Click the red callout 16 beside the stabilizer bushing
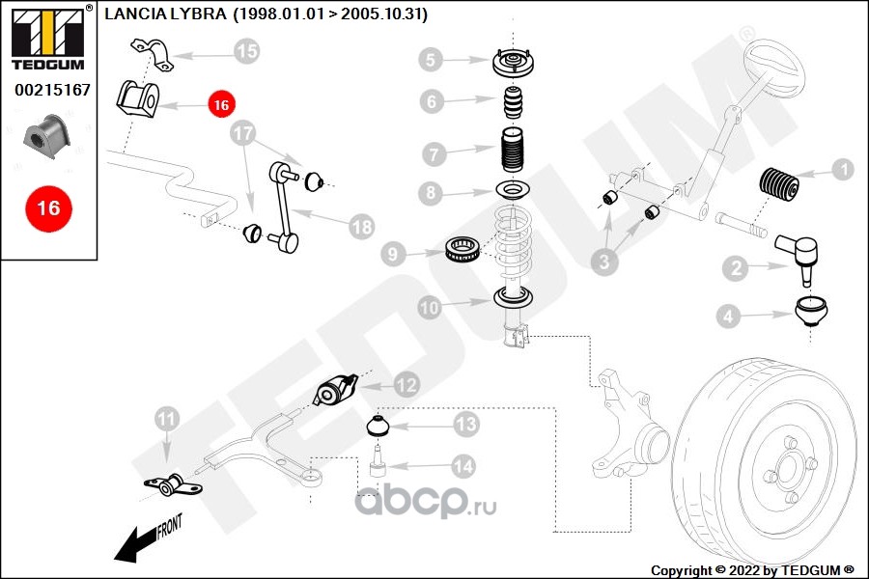[x=221, y=104]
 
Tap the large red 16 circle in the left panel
[x=49, y=208]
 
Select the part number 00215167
[x=52, y=89]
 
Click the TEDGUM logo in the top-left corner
[x=48, y=39]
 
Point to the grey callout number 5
[x=431, y=60]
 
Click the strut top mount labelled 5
[x=513, y=63]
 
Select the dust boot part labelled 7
[x=512, y=152]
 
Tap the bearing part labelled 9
[x=462, y=249]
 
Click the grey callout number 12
[x=406, y=384]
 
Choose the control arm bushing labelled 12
[x=335, y=390]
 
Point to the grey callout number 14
[x=463, y=466]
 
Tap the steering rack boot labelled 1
[x=778, y=182]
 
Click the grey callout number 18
[x=362, y=227]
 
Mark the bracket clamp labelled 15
[x=152, y=54]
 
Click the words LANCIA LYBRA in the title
[x=165, y=14]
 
